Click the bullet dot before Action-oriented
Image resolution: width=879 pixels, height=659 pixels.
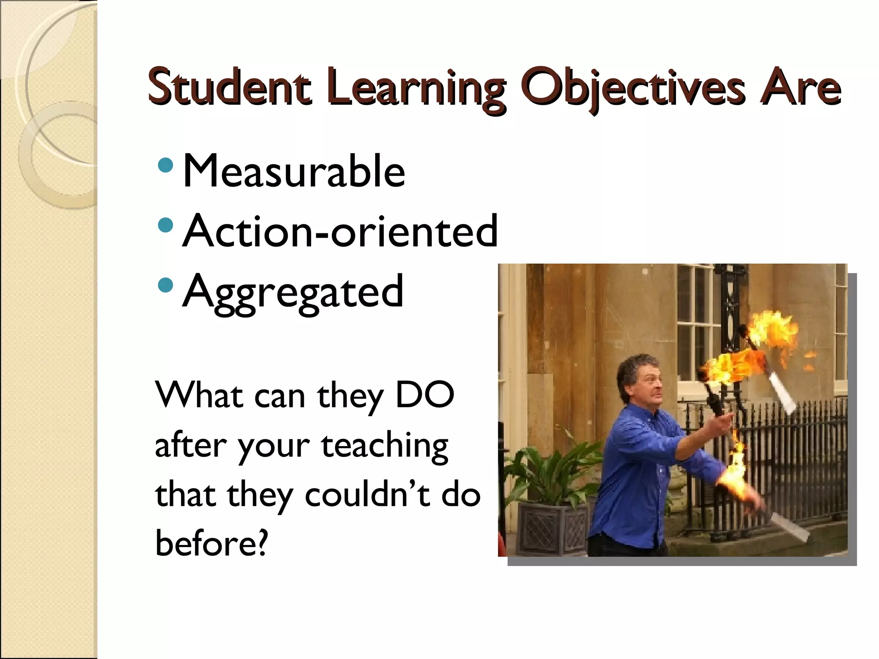click(x=166, y=224)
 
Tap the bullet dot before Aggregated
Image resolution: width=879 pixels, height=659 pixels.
click(x=166, y=284)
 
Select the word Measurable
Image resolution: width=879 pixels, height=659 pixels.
click(x=294, y=171)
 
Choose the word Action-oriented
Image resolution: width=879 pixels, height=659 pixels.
click(x=340, y=231)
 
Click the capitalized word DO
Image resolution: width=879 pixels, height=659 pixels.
click(x=424, y=395)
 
